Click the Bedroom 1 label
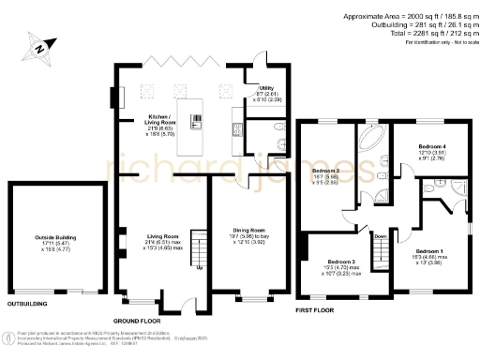click(430, 254)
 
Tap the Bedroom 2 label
click(325, 171)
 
